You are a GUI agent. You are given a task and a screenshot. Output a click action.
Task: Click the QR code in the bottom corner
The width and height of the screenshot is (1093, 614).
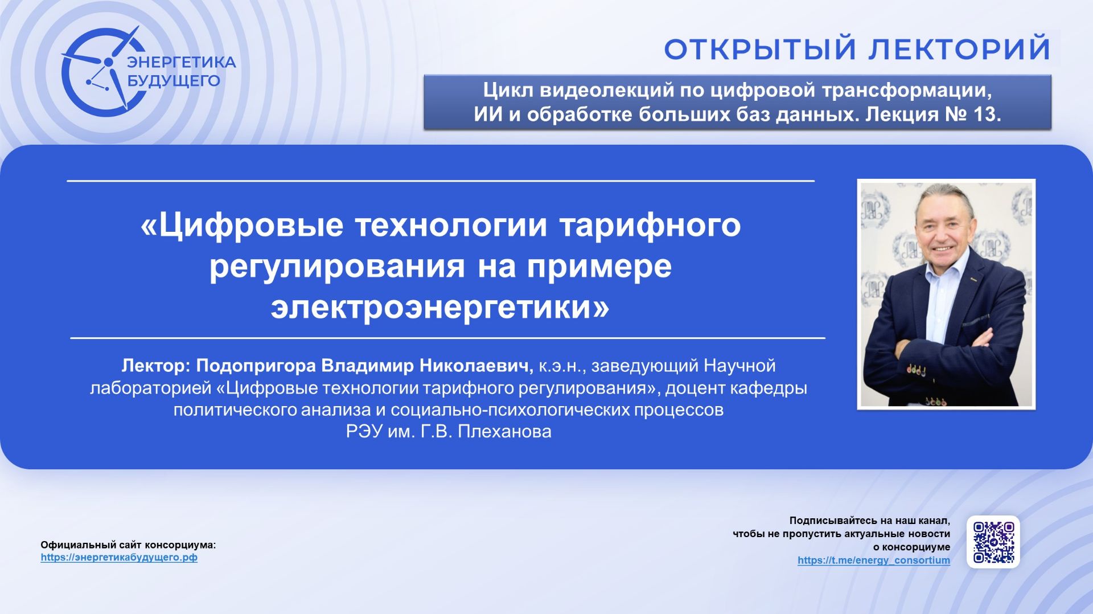[993, 542]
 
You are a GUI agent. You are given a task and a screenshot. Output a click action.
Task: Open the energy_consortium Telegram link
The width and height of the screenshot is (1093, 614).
[873, 560]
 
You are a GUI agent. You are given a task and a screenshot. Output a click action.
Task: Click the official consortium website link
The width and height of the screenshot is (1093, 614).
[119, 558]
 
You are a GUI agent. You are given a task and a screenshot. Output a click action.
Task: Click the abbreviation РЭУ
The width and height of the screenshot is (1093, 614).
[364, 432]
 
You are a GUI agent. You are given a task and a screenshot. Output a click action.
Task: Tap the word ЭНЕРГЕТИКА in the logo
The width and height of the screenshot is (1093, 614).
[182, 62]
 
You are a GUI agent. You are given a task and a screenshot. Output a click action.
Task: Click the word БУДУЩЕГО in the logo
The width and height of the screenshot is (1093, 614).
[174, 81]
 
